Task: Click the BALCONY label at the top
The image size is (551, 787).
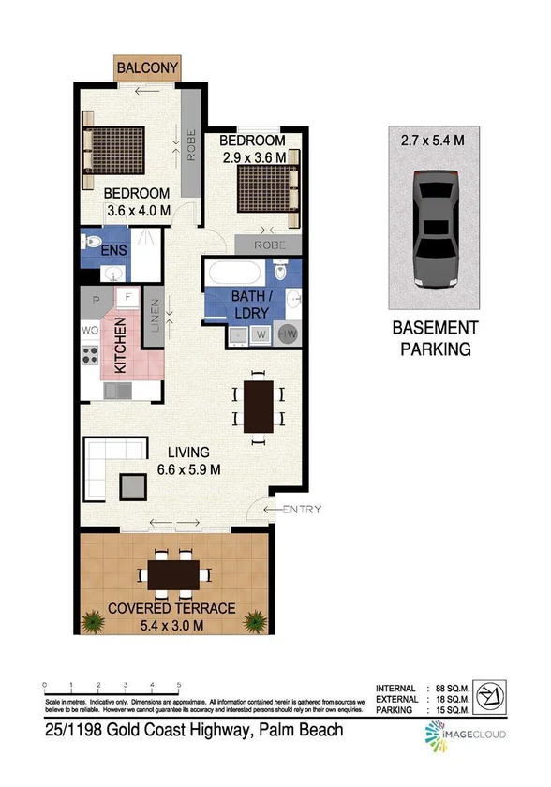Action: point(147,68)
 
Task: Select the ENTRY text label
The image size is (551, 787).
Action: point(302,510)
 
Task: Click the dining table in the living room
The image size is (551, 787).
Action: point(258,406)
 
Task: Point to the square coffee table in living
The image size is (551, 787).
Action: point(133,484)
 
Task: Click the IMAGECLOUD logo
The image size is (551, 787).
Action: point(469,735)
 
